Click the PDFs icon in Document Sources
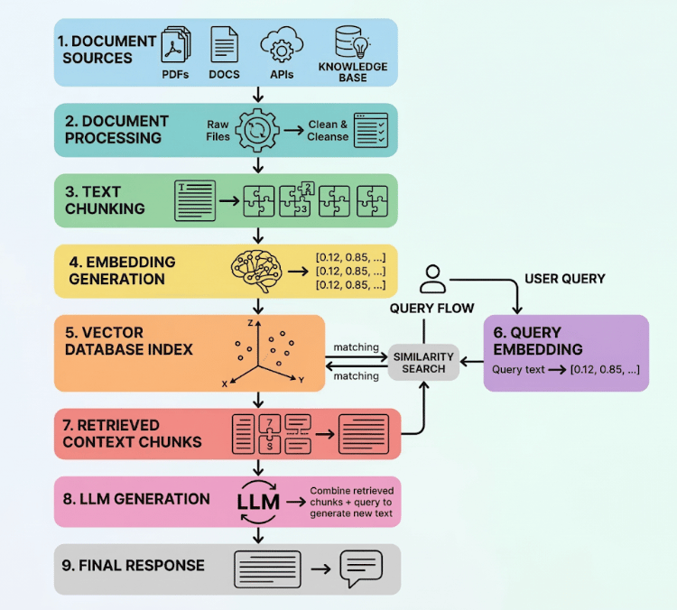pyautogui.click(x=176, y=45)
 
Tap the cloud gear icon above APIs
pyautogui.click(x=282, y=45)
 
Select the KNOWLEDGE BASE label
pyautogui.click(x=353, y=72)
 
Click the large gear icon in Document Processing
pyautogui.click(x=257, y=130)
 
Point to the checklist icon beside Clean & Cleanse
pyautogui.click(x=370, y=130)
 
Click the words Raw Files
pyautogui.click(x=218, y=130)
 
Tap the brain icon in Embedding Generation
pyautogui.click(x=256, y=271)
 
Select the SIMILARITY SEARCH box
pyautogui.click(x=423, y=363)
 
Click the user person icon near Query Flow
pyautogui.click(x=432, y=280)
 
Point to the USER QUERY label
pyautogui.click(x=565, y=279)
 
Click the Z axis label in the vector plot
pyautogui.click(x=250, y=323)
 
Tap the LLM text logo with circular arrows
pyautogui.click(x=258, y=502)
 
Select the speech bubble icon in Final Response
pyautogui.click(x=361, y=568)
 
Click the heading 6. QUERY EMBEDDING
pyautogui.click(x=538, y=340)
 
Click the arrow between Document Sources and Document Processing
pyautogui.click(x=258, y=94)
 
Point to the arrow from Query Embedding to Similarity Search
pyautogui.click(x=471, y=362)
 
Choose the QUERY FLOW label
pyautogui.click(x=431, y=309)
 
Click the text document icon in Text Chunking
pyautogui.click(x=195, y=200)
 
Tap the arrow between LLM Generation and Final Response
pyautogui.click(x=258, y=535)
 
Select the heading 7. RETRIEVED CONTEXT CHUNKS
pyautogui.click(x=132, y=433)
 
